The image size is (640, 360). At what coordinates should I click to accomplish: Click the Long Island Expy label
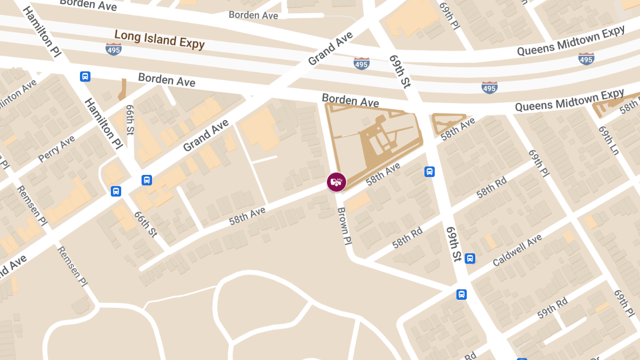[159, 39]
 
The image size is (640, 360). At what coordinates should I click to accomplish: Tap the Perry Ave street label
[57, 149]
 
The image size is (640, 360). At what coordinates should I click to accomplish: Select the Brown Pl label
[344, 226]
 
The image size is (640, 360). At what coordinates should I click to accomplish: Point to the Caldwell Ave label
[517, 251]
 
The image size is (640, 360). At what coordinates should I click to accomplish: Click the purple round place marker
[337, 182]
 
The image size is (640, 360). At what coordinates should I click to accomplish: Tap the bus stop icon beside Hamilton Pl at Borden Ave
[85, 76]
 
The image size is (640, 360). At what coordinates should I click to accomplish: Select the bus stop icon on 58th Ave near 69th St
[429, 172]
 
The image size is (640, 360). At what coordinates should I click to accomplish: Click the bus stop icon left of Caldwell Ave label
[470, 259]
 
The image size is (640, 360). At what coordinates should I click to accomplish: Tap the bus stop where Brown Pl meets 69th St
[461, 294]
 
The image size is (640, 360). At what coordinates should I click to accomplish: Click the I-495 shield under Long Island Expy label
[114, 50]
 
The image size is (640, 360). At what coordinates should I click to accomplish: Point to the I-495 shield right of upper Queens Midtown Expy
[586, 58]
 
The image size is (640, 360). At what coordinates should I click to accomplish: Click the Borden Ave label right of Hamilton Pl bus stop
[166, 80]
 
